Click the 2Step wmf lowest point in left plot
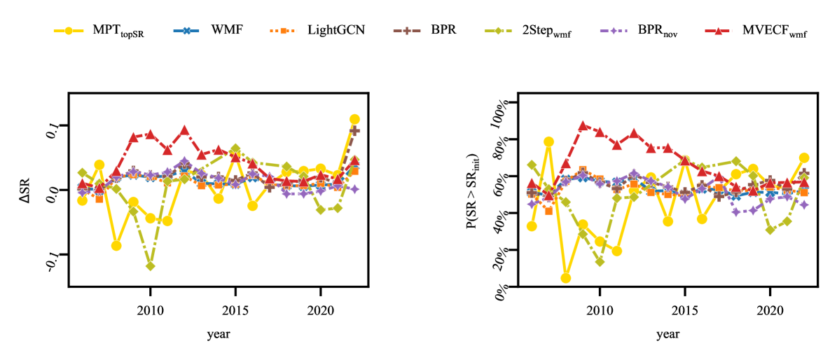(150, 266)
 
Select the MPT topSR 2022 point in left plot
(354, 119)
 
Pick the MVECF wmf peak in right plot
(583, 126)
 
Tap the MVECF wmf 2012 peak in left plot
(184, 130)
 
